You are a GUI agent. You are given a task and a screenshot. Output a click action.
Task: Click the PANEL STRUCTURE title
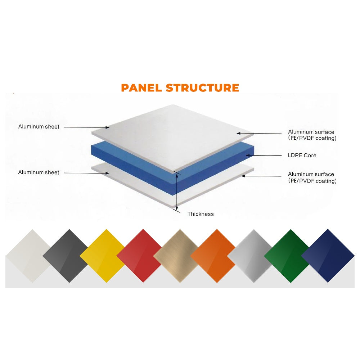click(x=180, y=88)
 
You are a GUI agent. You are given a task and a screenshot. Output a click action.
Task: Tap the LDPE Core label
click(x=302, y=156)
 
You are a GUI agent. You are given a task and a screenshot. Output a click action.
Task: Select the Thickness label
click(x=201, y=214)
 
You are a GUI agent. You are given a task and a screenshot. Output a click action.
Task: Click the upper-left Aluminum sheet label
click(x=39, y=127)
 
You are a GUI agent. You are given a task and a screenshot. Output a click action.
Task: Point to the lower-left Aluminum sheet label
click(x=39, y=172)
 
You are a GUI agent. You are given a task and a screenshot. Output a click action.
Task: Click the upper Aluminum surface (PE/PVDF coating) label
click(x=312, y=135)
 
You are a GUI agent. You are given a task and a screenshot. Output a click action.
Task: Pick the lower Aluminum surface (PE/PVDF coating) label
click(x=312, y=177)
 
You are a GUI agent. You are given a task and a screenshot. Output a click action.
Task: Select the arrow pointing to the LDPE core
click(x=264, y=156)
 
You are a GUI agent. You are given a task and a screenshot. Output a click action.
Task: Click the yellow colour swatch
click(x=106, y=256)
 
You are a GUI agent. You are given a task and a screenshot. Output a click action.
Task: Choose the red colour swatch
click(x=143, y=256)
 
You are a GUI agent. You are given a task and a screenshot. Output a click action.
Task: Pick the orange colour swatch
click(x=217, y=256)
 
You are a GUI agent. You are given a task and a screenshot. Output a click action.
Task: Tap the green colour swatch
click(x=291, y=256)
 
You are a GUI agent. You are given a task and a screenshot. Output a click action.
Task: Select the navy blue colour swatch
click(x=328, y=256)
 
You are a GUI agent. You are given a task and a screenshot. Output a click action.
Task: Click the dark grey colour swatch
click(x=69, y=256)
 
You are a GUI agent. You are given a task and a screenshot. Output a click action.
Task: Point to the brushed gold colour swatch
click(x=180, y=256)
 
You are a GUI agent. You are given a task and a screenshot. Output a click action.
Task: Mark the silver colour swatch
click(x=254, y=256)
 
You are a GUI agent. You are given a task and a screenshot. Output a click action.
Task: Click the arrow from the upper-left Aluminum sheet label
click(x=86, y=127)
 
